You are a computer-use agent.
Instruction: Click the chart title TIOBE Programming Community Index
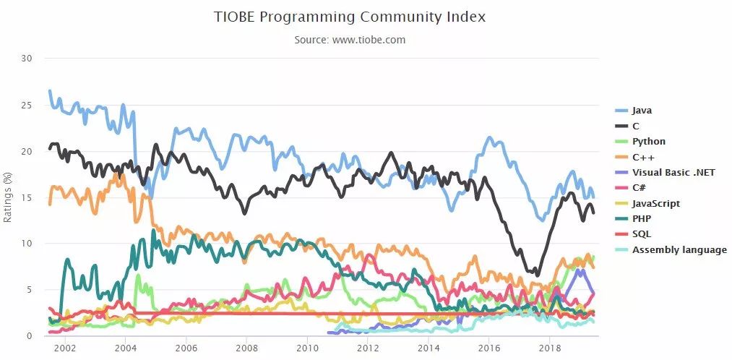click(350, 17)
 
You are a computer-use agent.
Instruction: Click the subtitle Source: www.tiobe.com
click(350, 40)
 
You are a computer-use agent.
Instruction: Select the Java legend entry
click(642, 111)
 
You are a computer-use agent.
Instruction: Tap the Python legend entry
click(648, 142)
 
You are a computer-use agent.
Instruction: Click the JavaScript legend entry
click(655, 204)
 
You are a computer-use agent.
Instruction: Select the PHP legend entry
click(642, 219)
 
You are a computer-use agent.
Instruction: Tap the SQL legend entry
click(641, 234)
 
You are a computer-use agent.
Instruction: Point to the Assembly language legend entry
click(679, 250)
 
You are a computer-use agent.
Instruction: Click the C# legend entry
click(640, 188)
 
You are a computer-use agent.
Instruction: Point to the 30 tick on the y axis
click(27, 59)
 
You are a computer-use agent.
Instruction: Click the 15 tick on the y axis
click(27, 197)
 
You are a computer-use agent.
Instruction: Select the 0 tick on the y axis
click(30, 336)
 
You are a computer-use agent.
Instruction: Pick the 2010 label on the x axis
click(307, 348)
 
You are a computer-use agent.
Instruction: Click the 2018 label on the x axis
click(550, 348)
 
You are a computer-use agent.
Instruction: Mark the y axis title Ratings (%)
click(8, 197)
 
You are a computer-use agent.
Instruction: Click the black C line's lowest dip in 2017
click(537, 275)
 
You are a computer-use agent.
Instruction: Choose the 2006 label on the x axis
click(186, 348)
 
